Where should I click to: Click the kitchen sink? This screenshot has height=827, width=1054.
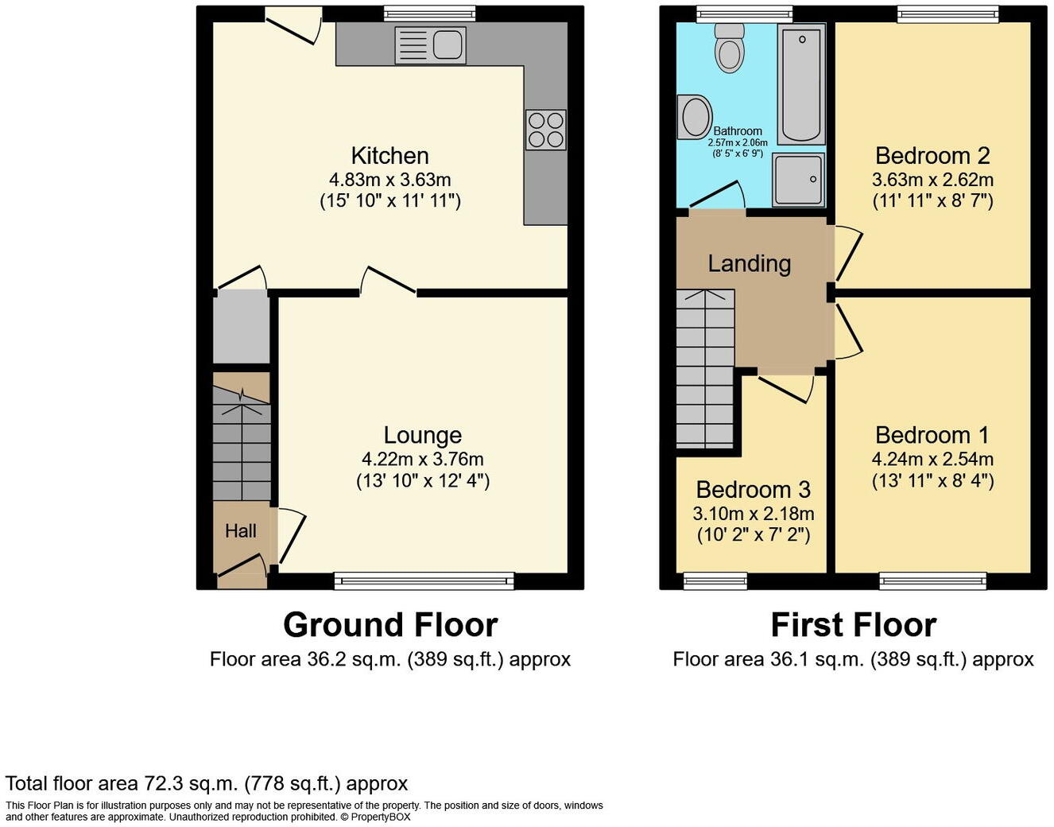pos(430,45)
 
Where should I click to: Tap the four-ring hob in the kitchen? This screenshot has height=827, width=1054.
pos(545,130)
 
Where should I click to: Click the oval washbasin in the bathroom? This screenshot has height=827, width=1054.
pos(695,118)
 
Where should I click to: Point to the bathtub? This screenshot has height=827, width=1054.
pos(801,83)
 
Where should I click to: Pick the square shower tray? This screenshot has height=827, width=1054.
pos(798,180)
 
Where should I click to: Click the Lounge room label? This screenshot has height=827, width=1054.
pos(422,435)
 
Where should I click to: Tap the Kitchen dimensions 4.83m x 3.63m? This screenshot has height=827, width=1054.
pos(389,180)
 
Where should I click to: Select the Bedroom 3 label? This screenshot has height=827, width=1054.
pos(753,490)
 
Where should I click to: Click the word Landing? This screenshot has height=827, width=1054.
pos(749,263)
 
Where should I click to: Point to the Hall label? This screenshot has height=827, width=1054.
pos(240,531)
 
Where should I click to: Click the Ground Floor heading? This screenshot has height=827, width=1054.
pos(389,625)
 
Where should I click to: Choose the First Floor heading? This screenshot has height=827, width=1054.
pos(853,625)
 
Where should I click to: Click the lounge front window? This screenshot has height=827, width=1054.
pos(424,581)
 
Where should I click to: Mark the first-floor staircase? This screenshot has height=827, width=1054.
pos(705,370)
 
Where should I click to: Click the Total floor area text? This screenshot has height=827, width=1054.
pos(207,783)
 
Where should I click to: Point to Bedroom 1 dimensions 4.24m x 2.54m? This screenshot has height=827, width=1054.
pos(932,459)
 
